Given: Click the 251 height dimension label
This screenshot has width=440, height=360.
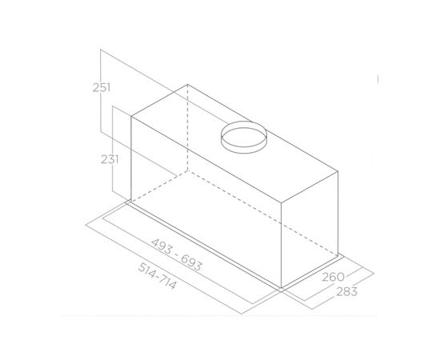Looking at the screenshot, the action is click(102, 88).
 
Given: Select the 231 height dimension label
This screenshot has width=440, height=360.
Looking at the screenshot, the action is click(110, 160).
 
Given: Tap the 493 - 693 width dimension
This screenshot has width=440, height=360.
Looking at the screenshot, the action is click(177, 254).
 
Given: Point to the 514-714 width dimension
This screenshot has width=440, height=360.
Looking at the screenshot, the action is click(158, 276).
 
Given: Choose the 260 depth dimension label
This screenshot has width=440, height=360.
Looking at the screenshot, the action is click(333, 277).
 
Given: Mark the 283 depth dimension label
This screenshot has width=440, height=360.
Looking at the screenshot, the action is click(347, 292).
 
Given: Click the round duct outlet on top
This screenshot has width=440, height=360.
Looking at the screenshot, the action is click(243, 138).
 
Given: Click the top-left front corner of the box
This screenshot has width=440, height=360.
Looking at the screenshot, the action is click(131, 117).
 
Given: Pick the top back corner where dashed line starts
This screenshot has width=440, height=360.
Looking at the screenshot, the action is click(187, 85).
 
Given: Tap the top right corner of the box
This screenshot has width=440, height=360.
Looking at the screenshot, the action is click(338, 171).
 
